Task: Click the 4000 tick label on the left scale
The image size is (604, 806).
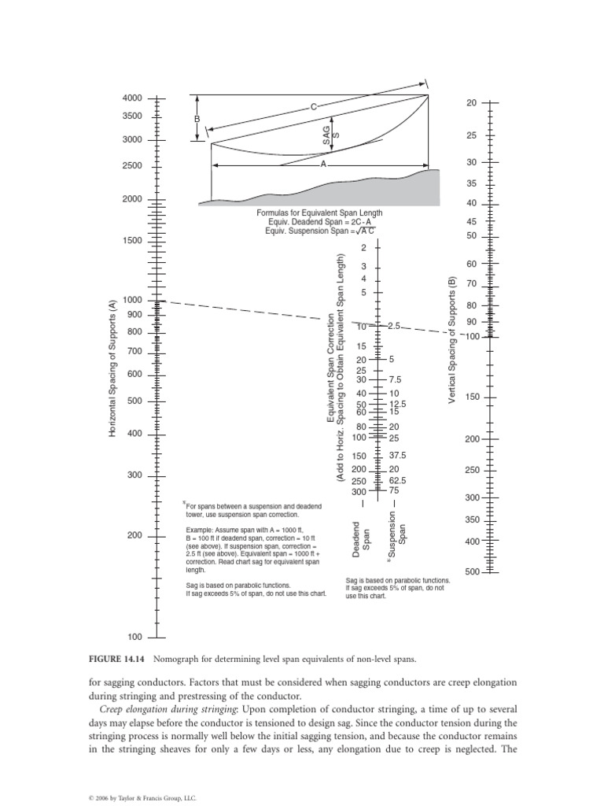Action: [x=132, y=98]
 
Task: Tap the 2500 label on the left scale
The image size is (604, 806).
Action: [x=132, y=166]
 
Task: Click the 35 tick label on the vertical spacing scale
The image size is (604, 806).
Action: [x=473, y=183]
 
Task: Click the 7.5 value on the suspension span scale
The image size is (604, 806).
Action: [x=396, y=379]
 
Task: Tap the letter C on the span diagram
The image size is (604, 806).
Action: [x=313, y=106]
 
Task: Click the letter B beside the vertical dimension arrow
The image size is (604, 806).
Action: [x=197, y=119]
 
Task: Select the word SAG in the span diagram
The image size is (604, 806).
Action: [x=326, y=135]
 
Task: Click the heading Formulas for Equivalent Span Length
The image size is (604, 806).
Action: [x=319, y=213]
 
